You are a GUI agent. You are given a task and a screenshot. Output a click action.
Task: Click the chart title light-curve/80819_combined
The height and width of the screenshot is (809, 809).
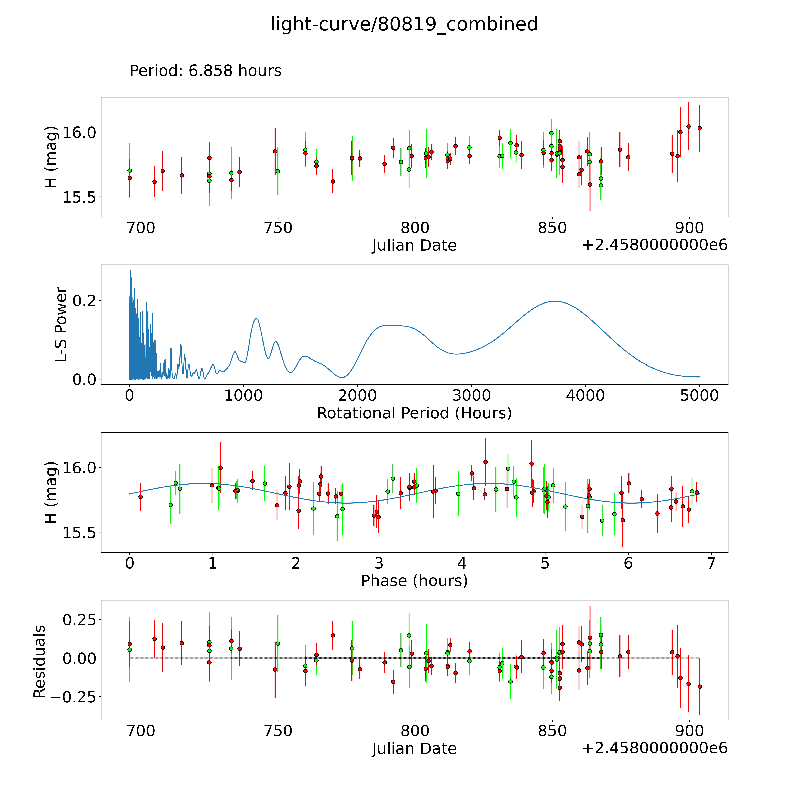tap(404, 24)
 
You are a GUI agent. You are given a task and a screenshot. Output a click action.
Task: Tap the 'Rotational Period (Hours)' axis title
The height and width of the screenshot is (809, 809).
tap(414, 413)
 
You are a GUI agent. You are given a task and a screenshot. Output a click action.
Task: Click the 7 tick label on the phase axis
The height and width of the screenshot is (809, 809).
tap(711, 563)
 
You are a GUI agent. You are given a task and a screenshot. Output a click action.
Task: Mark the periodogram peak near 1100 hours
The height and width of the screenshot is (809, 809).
tap(256, 319)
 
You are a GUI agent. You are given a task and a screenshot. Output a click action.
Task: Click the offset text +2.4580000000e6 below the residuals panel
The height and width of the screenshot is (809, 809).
tap(655, 748)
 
